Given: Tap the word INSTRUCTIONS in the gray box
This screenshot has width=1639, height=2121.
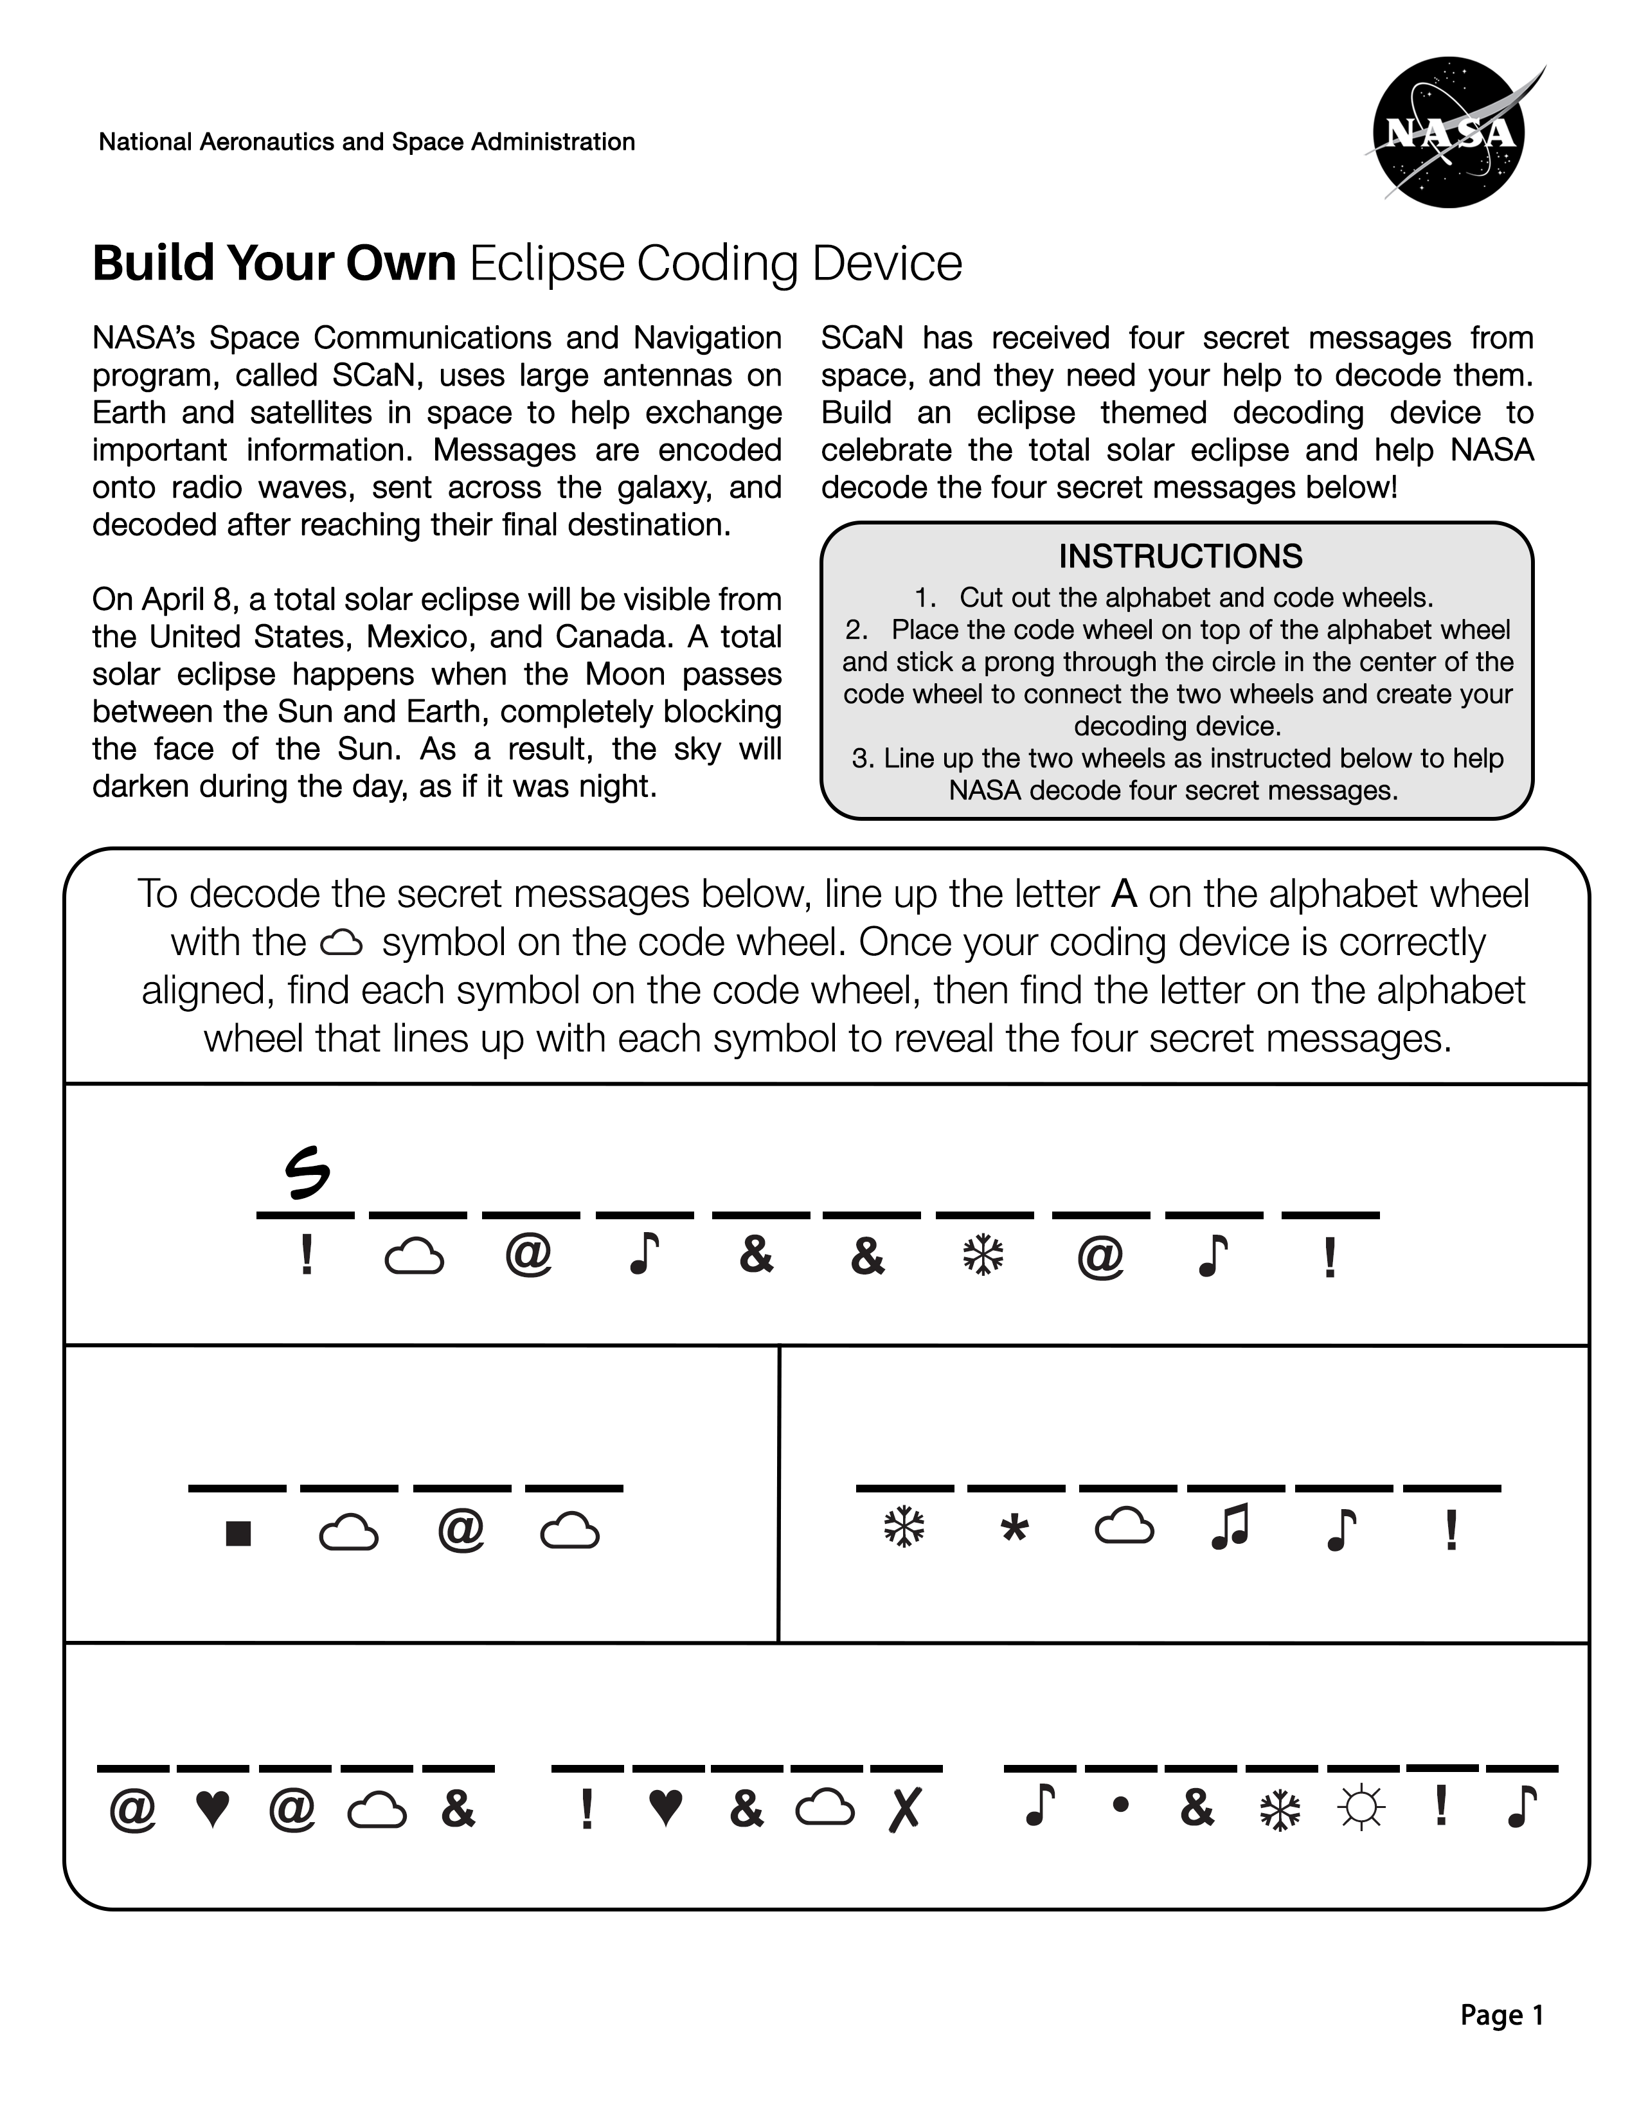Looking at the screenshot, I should pyautogui.click(x=1179, y=557).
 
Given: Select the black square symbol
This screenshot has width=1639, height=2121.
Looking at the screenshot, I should pyautogui.click(x=238, y=1532).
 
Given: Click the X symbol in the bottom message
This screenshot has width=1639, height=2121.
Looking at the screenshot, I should pyautogui.click(x=904, y=1808).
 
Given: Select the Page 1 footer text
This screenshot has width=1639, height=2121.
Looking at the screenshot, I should pyautogui.click(x=1501, y=2015).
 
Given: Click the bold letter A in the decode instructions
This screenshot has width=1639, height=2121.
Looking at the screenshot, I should pyautogui.click(x=1124, y=893).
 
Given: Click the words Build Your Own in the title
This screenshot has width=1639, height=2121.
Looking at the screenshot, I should pyautogui.click(x=274, y=262).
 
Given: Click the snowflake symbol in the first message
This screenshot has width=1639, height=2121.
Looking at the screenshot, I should pyautogui.click(x=983, y=1257).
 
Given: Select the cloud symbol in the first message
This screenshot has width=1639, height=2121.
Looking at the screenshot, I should pyautogui.click(x=415, y=1258).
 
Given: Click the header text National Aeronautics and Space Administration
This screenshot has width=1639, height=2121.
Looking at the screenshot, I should pyautogui.click(x=367, y=142).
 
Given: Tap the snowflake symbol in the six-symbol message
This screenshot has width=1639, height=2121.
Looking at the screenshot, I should pyautogui.click(x=904, y=1528).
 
